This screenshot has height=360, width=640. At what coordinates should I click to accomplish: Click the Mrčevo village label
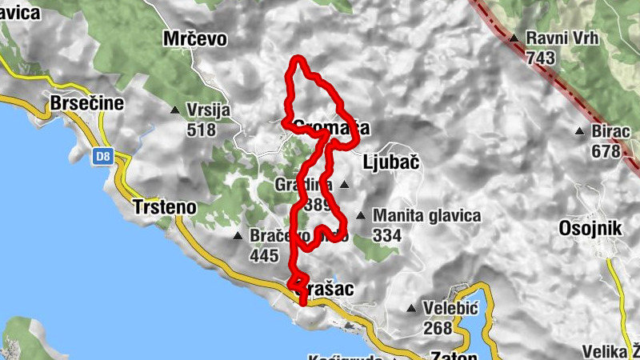tap(195, 38)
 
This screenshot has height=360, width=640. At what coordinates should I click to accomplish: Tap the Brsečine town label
tap(87, 103)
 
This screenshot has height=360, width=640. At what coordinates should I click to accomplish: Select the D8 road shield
tap(102, 157)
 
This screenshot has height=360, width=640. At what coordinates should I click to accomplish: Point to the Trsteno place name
tap(164, 206)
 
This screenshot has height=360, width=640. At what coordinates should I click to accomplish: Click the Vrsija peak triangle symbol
tap(175, 110)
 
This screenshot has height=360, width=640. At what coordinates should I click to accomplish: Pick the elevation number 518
tap(202, 130)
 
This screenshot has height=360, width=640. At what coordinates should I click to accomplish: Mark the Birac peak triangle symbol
tap(579, 131)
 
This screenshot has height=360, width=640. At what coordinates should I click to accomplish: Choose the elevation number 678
tap(606, 150)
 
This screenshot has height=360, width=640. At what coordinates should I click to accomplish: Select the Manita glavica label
tap(427, 216)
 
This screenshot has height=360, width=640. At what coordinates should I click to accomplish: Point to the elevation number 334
tap(388, 235)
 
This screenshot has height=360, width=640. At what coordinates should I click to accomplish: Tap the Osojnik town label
tap(590, 229)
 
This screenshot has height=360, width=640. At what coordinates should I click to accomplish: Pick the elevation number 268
tap(439, 328)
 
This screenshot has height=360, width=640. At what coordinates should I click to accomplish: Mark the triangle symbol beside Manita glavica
tap(361, 215)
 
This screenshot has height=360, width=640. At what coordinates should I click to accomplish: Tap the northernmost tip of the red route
tap(299, 58)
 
